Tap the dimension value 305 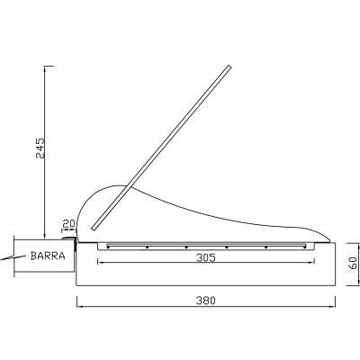point(206,256)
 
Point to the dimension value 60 point(354,265)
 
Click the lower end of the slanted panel point(94,225)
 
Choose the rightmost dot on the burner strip point(266,246)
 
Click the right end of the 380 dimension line point(335,308)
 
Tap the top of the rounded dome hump point(112,185)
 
